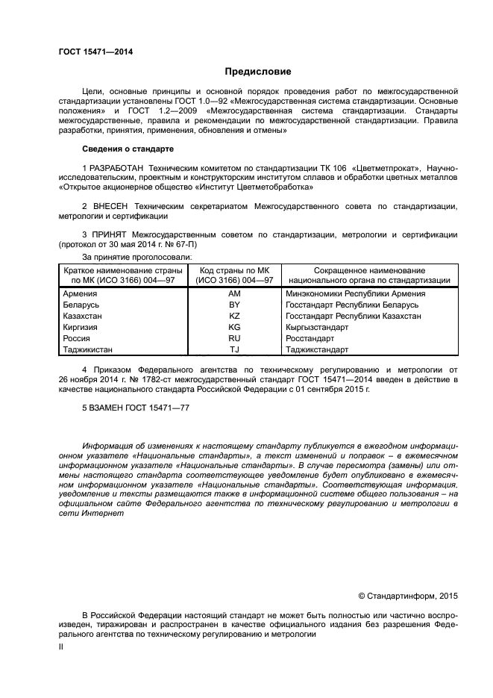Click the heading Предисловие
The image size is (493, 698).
click(x=258, y=72)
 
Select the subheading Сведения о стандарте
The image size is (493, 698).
click(x=127, y=149)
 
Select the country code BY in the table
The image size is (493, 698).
click(x=233, y=305)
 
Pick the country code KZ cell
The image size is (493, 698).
click(x=233, y=316)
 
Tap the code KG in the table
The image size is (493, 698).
click(x=233, y=327)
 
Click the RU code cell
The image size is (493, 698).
click(x=233, y=337)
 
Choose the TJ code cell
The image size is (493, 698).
click(x=233, y=349)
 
